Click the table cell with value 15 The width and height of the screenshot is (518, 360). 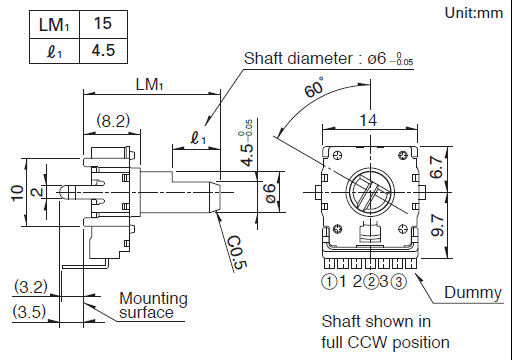click(103, 24)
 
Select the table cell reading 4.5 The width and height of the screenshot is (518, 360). click(103, 51)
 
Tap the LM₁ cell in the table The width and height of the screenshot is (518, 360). click(54, 24)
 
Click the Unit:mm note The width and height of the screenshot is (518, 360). click(474, 13)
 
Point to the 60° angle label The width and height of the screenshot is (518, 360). click(314, 87)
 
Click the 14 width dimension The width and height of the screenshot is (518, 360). click(368, 120)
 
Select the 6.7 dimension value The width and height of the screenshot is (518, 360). click(437, 167)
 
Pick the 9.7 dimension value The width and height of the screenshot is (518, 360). click(438, 225)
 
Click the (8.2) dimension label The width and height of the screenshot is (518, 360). click(113, 121)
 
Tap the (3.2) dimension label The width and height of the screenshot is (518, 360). click(31, 287)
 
